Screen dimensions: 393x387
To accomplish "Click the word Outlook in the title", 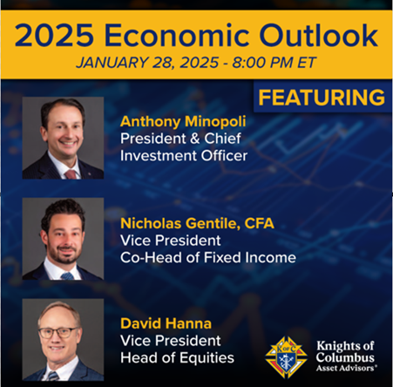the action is (318, 35).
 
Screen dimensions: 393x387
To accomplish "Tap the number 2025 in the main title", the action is (54, 35).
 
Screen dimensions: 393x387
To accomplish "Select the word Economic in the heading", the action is (176, 35).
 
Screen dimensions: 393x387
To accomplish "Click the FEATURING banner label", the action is (322, 98).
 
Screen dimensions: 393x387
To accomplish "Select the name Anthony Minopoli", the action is (183, 121).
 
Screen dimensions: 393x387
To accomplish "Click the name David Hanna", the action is (166, 323).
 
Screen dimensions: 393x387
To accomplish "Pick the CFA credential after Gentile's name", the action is (259, 223).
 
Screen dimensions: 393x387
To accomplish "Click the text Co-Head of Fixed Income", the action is (208, 258).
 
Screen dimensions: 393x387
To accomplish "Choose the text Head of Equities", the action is (177, 357).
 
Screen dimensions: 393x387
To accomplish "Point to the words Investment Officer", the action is (184, 156).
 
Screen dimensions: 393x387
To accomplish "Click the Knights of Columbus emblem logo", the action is (287, 357).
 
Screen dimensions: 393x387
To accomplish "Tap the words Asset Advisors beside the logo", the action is (347, 368).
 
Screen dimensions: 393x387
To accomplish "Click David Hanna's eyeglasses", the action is (58, 333).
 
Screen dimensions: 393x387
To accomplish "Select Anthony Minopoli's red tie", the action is (71, 174).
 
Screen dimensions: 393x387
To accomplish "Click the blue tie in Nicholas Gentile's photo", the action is (67, 276).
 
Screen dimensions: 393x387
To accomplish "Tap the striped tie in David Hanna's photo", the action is (53, 376).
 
